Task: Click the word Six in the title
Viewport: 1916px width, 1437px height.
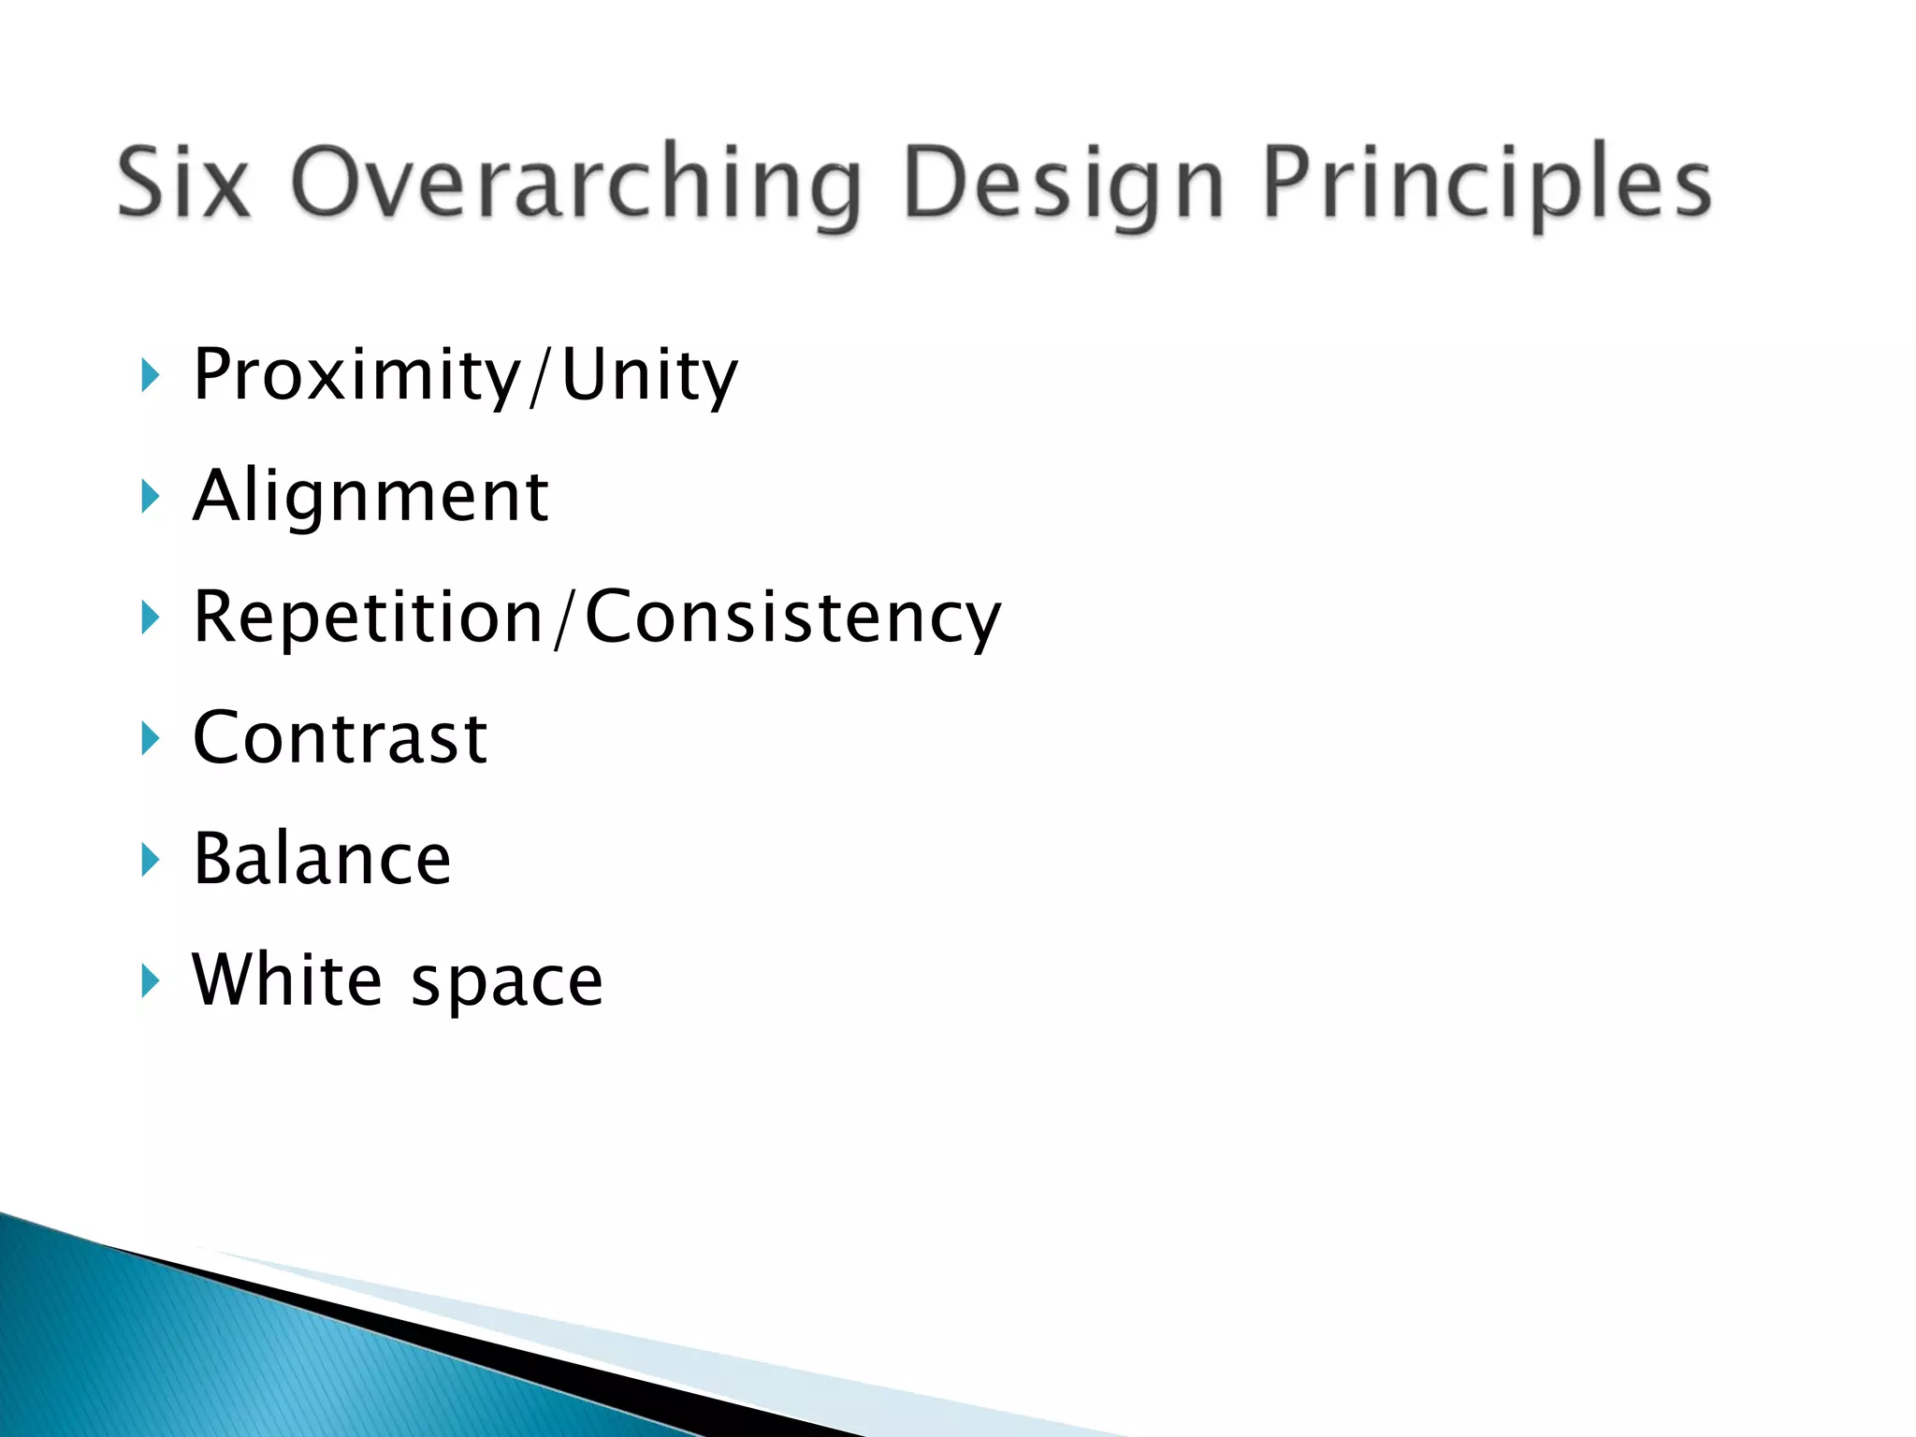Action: coord(184,182)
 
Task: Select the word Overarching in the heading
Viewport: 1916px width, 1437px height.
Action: coord(574,185)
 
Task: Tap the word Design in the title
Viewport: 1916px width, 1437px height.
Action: coord(1063,185)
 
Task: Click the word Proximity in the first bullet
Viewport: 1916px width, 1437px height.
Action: coord(356,376)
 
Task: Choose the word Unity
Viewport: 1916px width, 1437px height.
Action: coord(649,376)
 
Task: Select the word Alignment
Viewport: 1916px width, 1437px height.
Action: coord(370,497)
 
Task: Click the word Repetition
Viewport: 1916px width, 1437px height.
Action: coord(368,618)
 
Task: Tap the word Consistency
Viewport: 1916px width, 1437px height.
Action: coord(792,618)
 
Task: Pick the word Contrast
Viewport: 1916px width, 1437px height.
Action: coord(340,738)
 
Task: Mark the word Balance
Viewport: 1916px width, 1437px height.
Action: coord(322,859)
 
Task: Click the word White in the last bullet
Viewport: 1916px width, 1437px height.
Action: coord(287,980)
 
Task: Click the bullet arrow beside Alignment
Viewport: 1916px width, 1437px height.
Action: coord(150,496)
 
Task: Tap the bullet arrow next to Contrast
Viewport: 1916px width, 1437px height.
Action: coord(150,738)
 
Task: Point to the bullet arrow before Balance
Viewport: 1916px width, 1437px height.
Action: coord(150,859)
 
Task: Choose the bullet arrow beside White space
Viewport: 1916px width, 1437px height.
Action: coord(150,980)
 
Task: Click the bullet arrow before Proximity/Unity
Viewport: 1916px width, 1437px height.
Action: coord(150,375)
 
